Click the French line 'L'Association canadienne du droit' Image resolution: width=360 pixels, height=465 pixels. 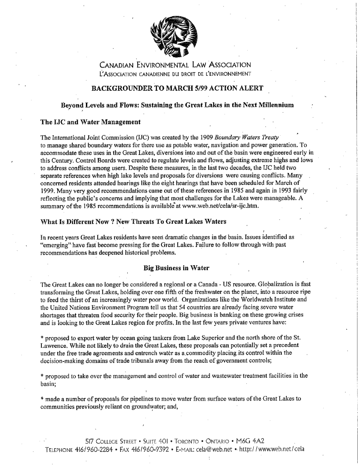pos(175,74)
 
